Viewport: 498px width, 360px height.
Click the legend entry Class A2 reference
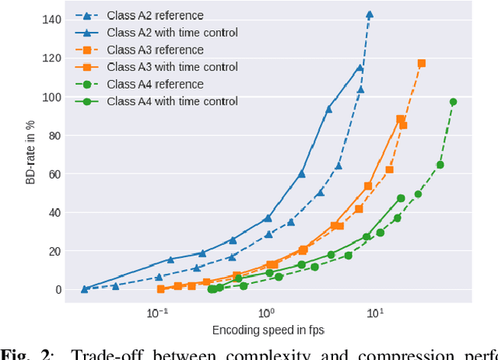pyautogui.click(x=155, y=15)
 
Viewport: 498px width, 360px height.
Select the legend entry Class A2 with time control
pyautogui.click(x=171, y=32)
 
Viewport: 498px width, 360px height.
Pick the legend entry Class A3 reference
pyautogui.click(x=155, y=49)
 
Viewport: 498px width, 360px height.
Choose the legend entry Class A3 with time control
pyautogui.click(x=171, y=67)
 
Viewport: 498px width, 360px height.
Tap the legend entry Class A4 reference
pyautogui.click(x=155, y=84)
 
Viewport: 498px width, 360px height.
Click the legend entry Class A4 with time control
pyautogui.click(x=171, y=101)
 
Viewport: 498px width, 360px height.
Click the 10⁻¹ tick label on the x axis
pyautogui.click(x=157, y=313)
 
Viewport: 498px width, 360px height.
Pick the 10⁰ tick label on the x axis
pyautogui.click(x=267, y=313)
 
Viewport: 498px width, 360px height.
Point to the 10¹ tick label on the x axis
pyautogui.click(x=376, y=313)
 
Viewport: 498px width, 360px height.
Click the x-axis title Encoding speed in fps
pyautogui.click(x=268, y=330)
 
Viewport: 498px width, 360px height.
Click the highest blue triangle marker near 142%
pyautogui.click(x=370, y=14)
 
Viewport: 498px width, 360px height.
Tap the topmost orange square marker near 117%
pyautogui.click(x=422, y=63)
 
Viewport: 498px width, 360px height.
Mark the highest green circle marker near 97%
pyautogui.click(x=454, y=102)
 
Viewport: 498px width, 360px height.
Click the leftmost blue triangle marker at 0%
pyautogui.click(x=84, y=288)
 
